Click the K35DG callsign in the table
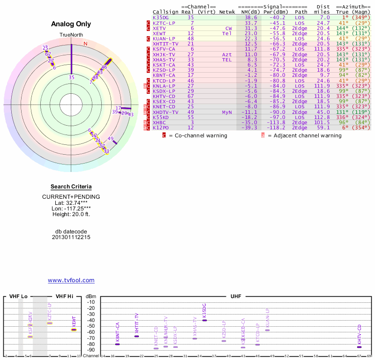coord(160,17)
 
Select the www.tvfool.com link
coord(71,280)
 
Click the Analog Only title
coord(71,24)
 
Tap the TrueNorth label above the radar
coord(71,35)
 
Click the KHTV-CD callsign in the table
coord(164,96)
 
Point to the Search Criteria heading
coord(71,187)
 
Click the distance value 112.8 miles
coord(322,117)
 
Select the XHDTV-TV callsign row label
coord(165,112)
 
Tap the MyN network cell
coord(227,112)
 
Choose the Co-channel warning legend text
coord(198,135)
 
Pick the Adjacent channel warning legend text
coord(304,135)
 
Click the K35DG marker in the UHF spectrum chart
coord(204,320)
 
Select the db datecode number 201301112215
coord(71,237)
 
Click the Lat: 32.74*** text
coord(71,202)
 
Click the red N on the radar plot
coord(85,44)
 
